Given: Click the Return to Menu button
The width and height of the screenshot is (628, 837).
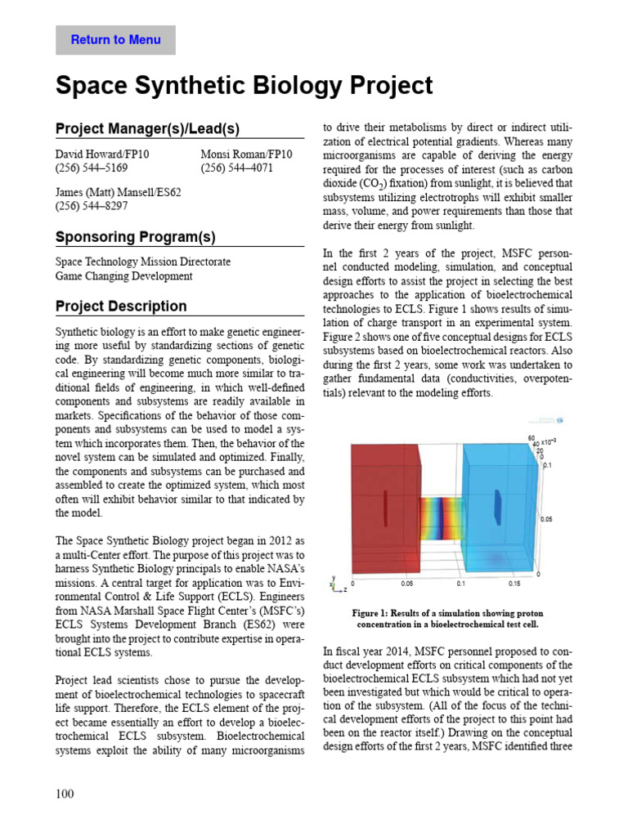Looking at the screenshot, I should pyautogui.click(x=115, y=40).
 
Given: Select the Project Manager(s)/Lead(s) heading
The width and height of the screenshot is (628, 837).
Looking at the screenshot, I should pyautogui.click(x=147, y=129).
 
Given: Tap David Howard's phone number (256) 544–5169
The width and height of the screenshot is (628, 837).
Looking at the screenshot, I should pyautogui.click(x=91, y=168).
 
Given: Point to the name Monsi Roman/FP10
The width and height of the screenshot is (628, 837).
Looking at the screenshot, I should pyautogui.click(x=246, y=154).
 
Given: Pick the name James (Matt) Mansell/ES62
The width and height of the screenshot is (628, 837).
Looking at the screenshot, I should pyautogui.click(x=118, y=192).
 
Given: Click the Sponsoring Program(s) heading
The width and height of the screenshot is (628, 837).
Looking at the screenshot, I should pyautogui.click(x=135, y=237).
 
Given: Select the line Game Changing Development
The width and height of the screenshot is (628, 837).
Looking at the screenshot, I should pyautogui.click(x=123, y=276).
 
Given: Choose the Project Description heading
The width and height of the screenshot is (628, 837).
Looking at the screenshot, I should pyautogui.click(x=121, y=307).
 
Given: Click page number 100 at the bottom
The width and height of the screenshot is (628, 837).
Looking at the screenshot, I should pyautogui.click(x=65, y=794).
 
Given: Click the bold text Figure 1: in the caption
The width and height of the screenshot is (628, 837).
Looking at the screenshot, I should pyautogui.click(x=375, y=612).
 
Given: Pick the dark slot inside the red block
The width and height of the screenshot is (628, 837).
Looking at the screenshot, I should pyautogui.click(x=384, y=510).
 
